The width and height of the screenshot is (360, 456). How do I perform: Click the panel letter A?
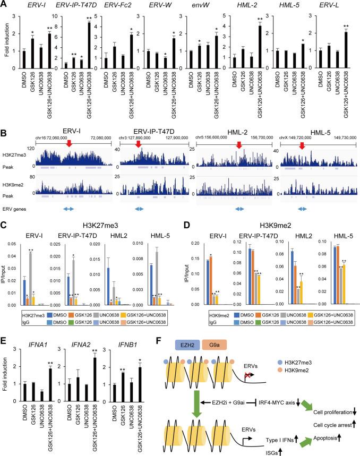[x=5, y=5]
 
